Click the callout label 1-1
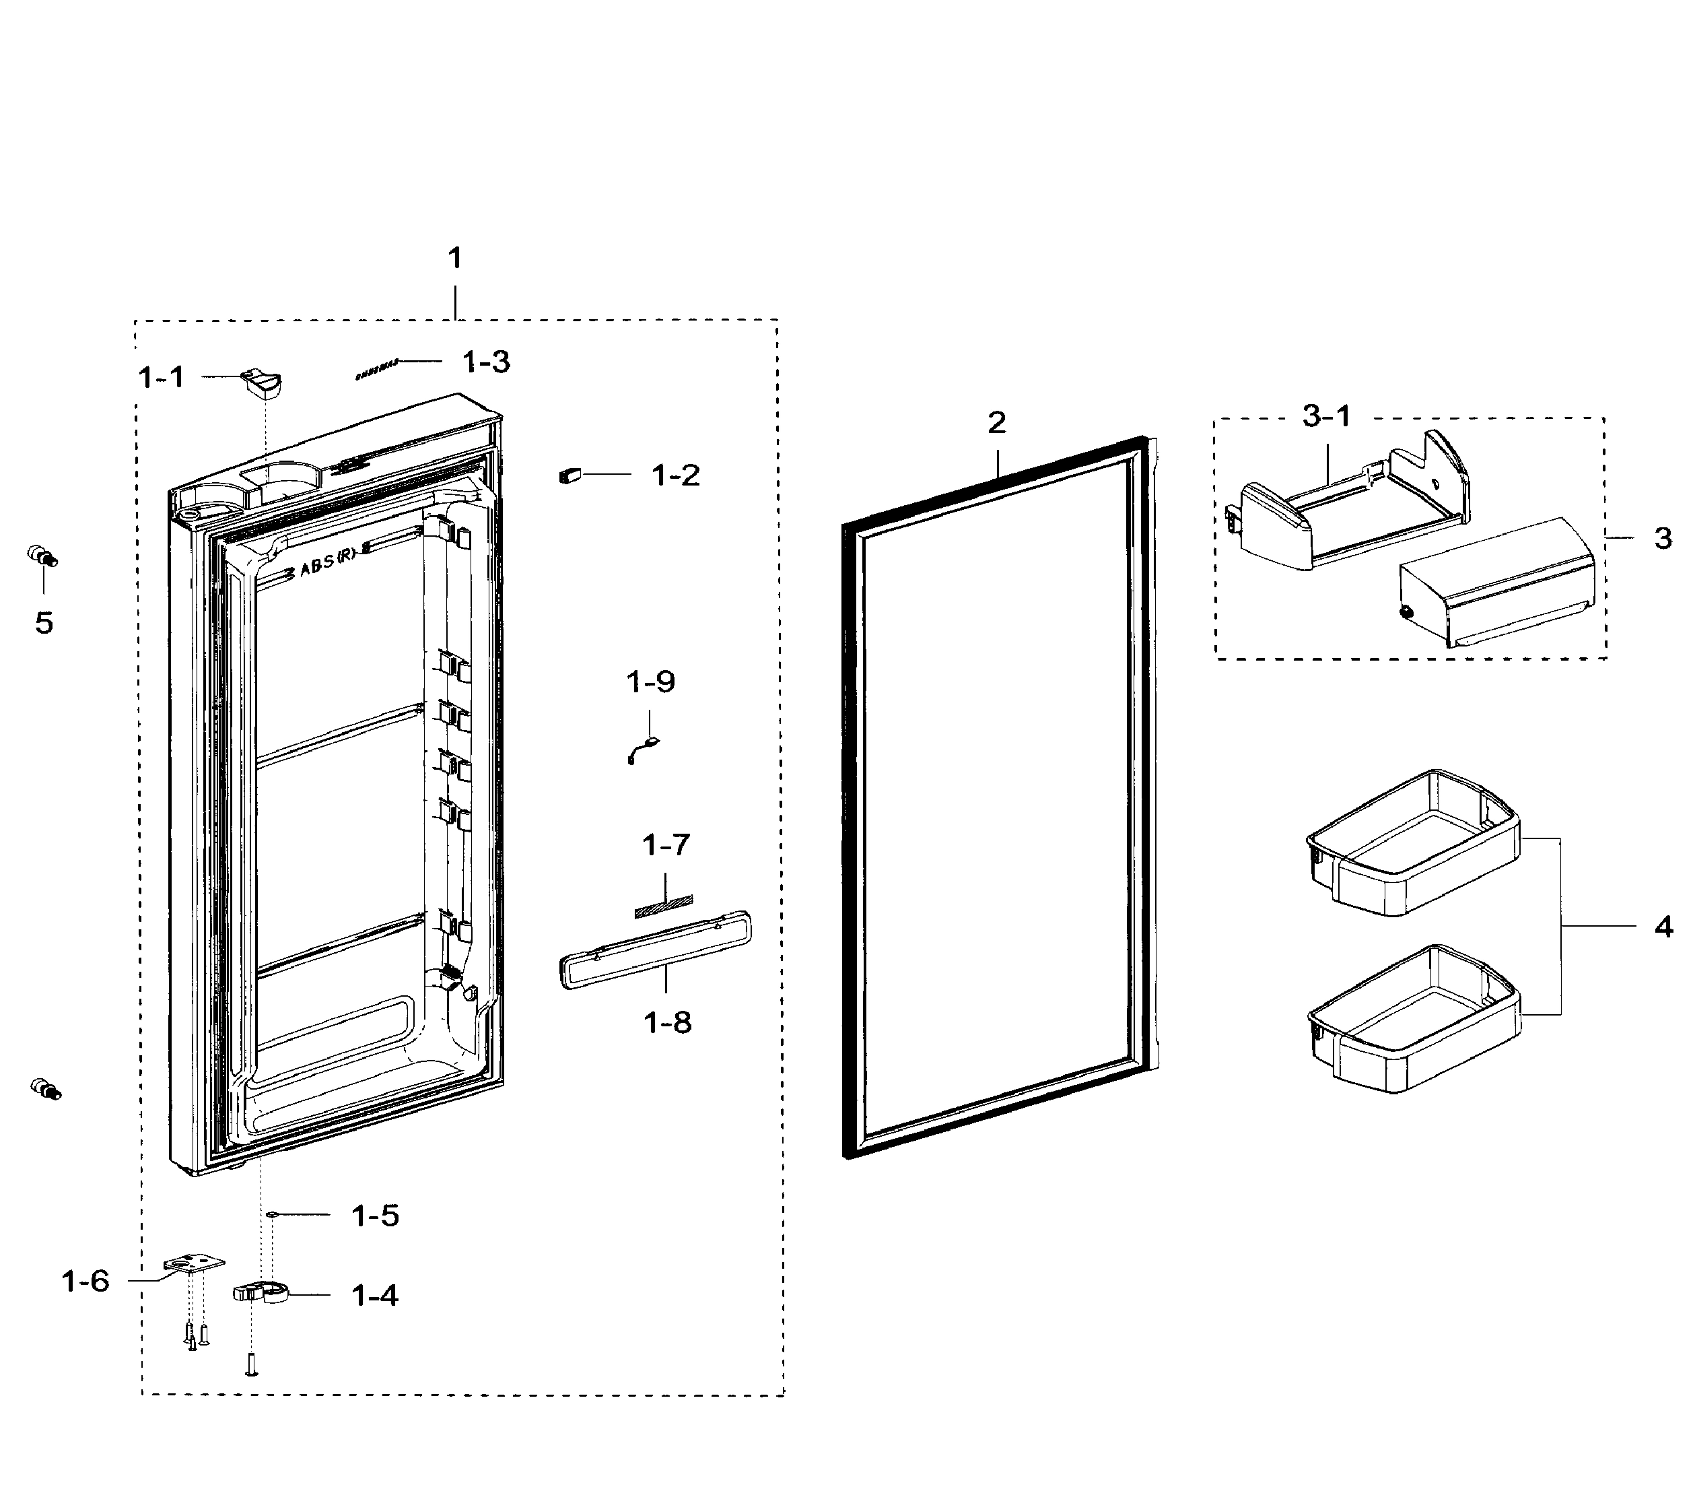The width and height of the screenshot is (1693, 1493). (161, 377)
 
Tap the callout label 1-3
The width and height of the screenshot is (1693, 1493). (486, 361)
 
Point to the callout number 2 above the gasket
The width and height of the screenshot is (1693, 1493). (996, 422)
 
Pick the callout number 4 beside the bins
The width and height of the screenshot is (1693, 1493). (1664, 925)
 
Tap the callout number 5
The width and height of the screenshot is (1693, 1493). (44, 622)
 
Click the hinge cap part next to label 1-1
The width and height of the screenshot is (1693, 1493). (262, 384)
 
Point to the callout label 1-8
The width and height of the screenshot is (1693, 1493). (668, 1022)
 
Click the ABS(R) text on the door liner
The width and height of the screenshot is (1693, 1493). (327, 564)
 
